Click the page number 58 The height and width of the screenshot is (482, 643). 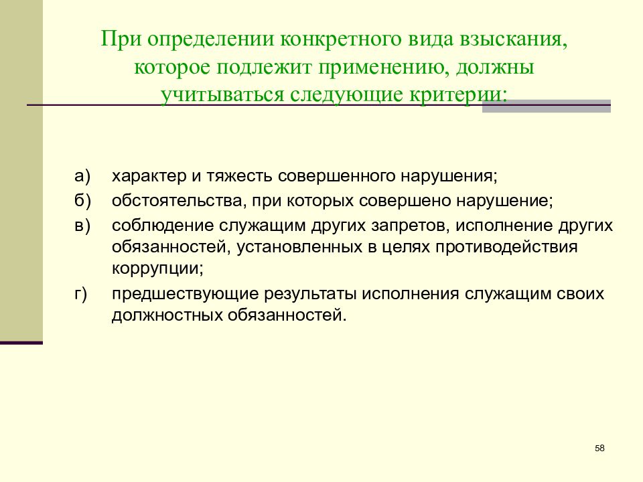click(x=599, y=448)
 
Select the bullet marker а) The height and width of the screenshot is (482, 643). click(x=82, y=176)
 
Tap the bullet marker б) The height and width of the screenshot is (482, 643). click(x=82, y=200)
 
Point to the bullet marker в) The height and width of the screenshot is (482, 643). click(x=82, y=225)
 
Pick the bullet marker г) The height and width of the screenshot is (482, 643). click(x=81, y=294)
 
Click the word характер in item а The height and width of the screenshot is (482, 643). click(x=145, y=177)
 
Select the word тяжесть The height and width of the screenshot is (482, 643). click(x=238, y=177)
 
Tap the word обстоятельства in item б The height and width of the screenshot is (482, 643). click(x=173, y=201)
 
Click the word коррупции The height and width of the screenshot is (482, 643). click(x=157, y=269)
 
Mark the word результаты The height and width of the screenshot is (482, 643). click(x=313, y=294)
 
